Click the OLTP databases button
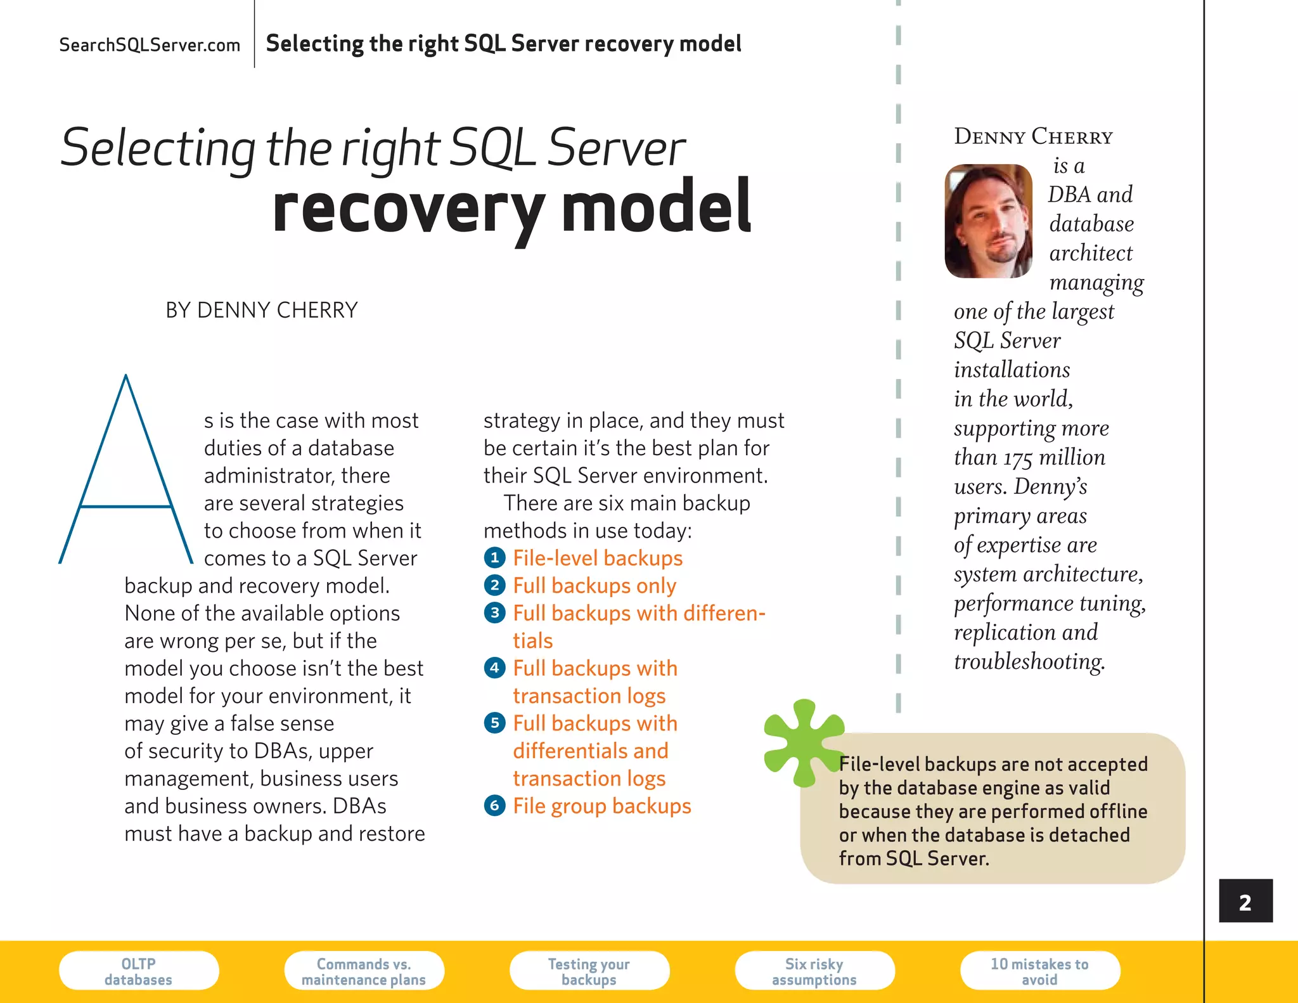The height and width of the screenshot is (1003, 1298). click(139, 971)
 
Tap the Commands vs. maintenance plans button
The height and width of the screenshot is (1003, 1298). click(364, 971)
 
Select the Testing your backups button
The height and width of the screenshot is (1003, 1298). click(589, 971)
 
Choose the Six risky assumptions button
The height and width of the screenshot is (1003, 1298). click(814, 971)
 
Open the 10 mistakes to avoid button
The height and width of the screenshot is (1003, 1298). click(1039, 971)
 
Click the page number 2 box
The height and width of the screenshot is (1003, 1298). click(1245, 901)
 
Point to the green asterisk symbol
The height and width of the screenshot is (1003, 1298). click(803, 742)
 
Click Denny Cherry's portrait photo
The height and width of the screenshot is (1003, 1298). click(988, 221)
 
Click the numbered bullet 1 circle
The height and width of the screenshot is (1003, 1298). click(494, 558)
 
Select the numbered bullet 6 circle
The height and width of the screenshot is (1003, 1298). click(494, 806)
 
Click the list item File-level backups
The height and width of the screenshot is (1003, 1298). click(598, 558)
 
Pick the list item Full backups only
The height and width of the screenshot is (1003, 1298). click(594, 586)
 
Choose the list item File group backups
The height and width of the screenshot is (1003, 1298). click(602, 806)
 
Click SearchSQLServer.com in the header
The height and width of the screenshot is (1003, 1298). click(150, 45)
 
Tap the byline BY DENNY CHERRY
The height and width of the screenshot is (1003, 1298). click(262, 310)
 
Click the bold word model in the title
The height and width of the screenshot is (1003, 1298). click(656, 207)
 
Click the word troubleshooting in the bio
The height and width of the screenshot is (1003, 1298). click(1029, 661)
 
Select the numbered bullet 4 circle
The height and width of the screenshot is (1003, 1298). click(494, 668)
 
